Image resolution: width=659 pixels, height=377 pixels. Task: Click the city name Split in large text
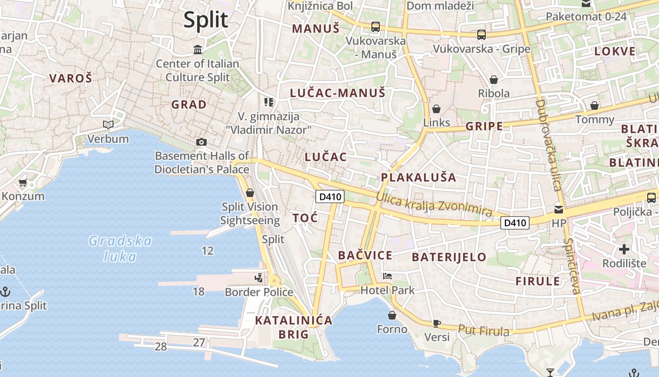206,20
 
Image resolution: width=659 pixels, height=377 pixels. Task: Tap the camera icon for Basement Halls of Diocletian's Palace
201,142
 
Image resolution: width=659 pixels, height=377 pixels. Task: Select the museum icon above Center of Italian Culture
198,49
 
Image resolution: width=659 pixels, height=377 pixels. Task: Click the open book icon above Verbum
108,125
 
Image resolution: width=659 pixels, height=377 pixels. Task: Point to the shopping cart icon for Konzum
23,183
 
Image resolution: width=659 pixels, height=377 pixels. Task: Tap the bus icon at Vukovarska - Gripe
481,34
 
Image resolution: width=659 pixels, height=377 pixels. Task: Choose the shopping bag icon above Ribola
494,80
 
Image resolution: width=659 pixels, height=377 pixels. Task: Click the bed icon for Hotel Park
387,276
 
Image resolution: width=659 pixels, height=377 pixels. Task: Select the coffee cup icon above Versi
436,323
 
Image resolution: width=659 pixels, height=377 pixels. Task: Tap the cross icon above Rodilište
624,249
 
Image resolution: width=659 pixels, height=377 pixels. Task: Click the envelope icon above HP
559,209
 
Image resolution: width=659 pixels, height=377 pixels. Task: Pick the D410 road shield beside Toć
329,197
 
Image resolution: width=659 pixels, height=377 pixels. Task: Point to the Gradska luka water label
121,249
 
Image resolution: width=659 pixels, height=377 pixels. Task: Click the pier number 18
199,292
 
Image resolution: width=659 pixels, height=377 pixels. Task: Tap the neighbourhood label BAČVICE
365,255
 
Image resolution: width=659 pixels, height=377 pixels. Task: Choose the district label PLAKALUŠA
418,178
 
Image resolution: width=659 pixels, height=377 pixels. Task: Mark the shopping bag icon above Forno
392,315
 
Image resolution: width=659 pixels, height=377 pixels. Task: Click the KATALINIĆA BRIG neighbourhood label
294,328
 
